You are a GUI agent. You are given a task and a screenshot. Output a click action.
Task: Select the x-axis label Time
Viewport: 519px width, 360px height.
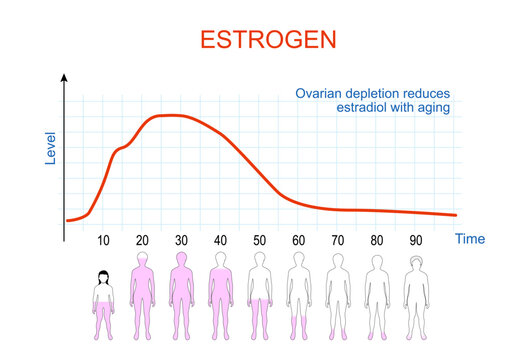(x=470, y=239)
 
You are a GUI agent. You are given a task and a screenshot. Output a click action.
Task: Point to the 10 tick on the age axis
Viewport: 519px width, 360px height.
(x=104, y=241)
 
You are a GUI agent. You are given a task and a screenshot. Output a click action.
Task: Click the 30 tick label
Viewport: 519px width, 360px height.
(x=181, y=241)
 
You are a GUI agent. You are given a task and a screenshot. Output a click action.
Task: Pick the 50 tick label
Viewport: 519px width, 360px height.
(x=259, y=241)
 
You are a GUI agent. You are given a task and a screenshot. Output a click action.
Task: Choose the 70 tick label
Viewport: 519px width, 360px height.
(x=337, y=241)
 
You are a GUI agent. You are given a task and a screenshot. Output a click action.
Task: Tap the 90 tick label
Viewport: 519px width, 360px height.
(x=414, y=241)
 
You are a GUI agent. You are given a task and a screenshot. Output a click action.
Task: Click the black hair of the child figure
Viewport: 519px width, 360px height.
(x=102, y=275)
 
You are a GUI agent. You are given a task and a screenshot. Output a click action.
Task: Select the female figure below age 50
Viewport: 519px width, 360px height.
(x=259, y=294)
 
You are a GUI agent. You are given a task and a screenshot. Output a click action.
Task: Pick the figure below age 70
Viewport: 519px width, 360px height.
(x=337, y=294)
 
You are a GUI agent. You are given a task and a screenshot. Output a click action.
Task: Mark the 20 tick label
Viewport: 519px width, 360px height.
(x=143, y=241)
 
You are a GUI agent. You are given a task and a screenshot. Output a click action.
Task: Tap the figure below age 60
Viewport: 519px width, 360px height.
(x=298, y=294)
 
